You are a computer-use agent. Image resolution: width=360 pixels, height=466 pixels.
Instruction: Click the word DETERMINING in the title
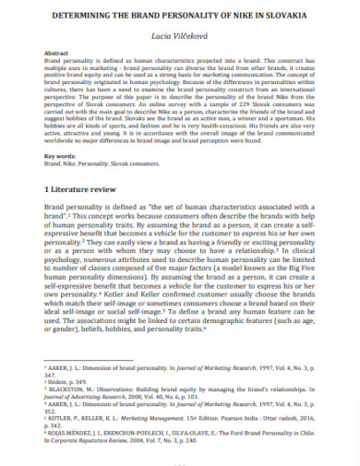pos(79,16)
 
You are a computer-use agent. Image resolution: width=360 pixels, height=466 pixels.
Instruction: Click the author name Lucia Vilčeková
pos(179,34)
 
